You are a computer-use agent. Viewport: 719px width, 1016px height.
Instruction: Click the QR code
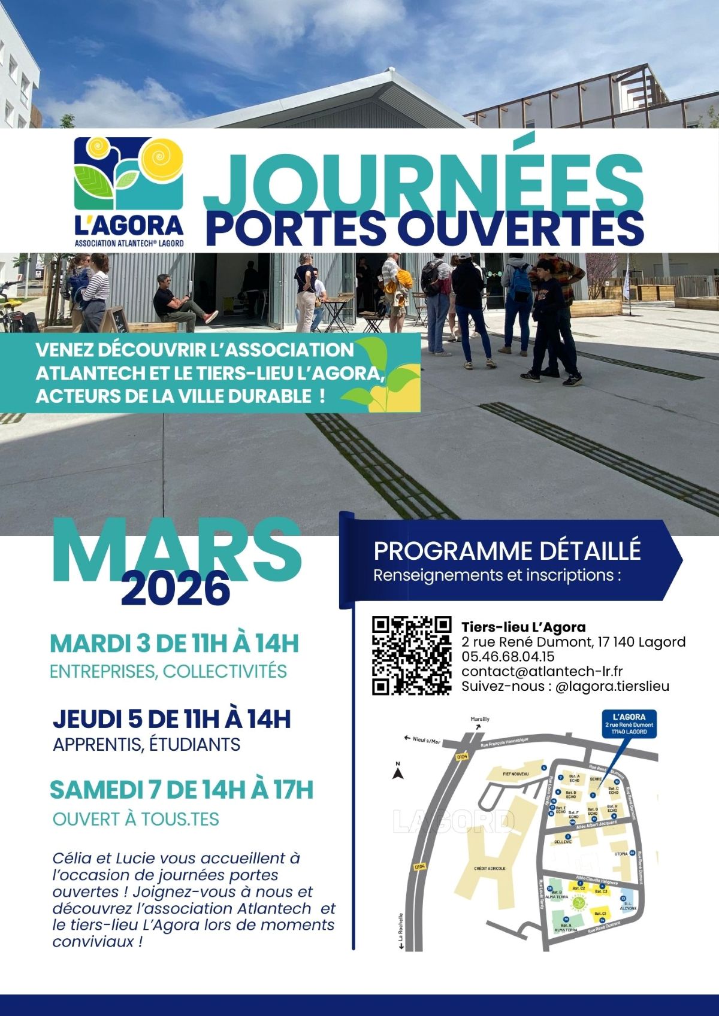(412, 656)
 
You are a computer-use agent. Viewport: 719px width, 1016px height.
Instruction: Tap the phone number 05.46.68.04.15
(508, 657)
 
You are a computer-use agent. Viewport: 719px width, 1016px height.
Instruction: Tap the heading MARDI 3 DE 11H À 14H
(174, 644)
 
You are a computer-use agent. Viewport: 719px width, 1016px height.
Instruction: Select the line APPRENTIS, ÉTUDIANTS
(147, 745)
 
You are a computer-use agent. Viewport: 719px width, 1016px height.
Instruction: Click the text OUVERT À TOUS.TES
(136, 819)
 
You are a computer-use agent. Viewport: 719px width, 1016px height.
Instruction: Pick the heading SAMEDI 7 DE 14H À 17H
(182, 790)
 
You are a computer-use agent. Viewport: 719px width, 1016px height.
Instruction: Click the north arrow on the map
(397, 773)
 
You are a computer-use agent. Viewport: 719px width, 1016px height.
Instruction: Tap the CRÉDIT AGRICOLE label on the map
(490, 868)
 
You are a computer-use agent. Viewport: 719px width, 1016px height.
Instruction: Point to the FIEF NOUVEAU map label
(516, 774)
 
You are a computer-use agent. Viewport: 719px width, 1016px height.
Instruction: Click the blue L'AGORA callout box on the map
(629, 724)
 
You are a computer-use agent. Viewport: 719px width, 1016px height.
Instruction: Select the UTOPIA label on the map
(621, 854)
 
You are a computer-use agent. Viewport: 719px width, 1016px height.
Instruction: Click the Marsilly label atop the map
(480, 719)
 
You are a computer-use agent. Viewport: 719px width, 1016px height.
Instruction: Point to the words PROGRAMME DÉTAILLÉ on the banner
(507, 551)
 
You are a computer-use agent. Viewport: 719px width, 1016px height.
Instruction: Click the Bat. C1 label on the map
(600, 914)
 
